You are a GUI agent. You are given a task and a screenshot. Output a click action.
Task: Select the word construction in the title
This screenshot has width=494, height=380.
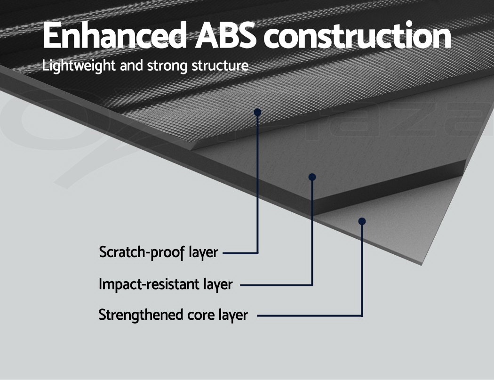coord(359,35)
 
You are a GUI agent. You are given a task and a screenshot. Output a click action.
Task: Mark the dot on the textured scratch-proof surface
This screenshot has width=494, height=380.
coord(257,112)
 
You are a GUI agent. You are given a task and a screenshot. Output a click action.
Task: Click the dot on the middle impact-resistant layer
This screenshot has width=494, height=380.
coord(312,177)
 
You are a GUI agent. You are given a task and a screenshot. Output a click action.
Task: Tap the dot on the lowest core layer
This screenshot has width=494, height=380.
coord(362,221)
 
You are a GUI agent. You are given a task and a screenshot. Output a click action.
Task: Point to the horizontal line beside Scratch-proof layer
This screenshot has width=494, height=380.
coord(240,253)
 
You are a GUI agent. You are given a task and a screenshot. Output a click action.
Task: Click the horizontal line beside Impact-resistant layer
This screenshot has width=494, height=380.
coord(276,285)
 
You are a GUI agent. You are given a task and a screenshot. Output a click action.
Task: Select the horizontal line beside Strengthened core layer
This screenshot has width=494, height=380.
coord(310,315)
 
